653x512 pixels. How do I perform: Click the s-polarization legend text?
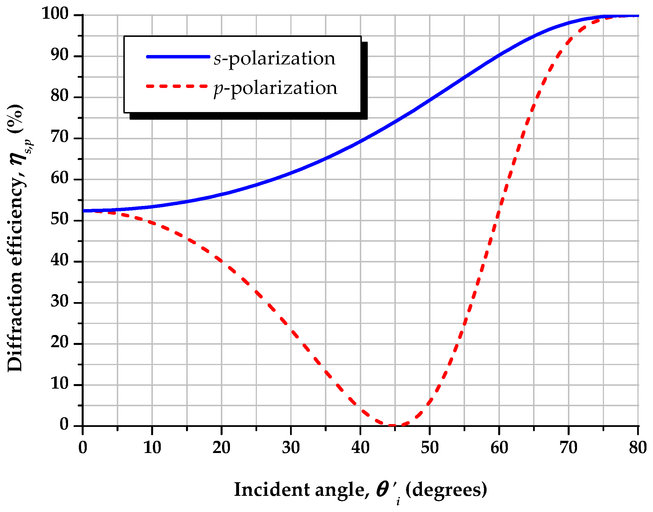(274, 58)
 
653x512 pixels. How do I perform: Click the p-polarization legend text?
(275, 88)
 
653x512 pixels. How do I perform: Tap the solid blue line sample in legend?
(178, 57)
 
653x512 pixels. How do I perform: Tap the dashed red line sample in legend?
(177, 86)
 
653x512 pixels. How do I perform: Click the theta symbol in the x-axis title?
(383, 489)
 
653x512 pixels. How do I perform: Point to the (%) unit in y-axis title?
(15, 118)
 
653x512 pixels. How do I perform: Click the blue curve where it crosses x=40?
(360, 141)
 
